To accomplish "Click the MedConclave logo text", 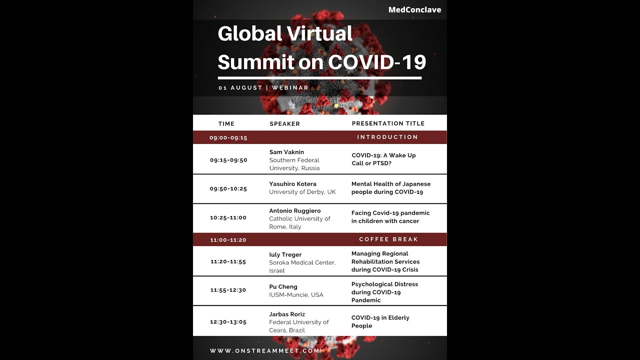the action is pos(414,9).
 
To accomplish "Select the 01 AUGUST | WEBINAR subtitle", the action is pos(263,87).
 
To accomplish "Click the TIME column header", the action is pos(226,123).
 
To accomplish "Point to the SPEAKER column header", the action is pos(285,123).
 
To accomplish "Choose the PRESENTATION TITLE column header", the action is pos(388,123).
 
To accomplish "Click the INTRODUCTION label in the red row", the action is pos(387,137).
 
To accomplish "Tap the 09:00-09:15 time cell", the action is pos(228,137).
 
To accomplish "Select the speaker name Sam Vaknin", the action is pos(286,152).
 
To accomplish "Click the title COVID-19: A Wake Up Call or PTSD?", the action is pos(383,159).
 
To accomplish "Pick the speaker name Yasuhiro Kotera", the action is pos(292,184).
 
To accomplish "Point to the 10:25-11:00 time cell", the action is pos(228,217).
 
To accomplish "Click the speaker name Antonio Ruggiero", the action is pos(295,211).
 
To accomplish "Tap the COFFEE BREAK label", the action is pos(388,239).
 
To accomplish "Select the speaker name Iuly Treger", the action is pos(285,254).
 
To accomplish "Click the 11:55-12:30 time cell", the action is pos(228,290).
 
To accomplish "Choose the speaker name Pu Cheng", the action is pos(283,287).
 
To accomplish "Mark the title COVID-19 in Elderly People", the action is pos(380,321).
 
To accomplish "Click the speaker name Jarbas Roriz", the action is pos(287,314).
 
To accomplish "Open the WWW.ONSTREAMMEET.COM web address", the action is pos(264,351).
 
